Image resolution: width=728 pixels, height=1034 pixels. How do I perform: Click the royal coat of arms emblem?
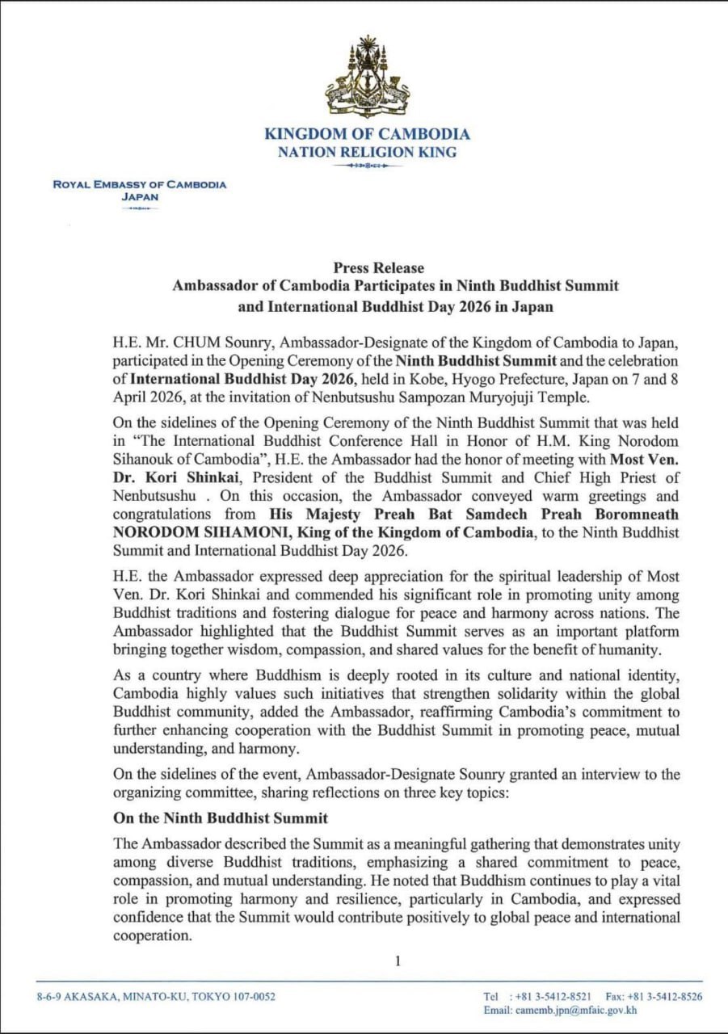tap(366, 78)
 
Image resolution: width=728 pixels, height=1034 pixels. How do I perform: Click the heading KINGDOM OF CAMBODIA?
tap(366, 135)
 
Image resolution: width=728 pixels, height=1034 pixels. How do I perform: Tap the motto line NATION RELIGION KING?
tap(366, 152)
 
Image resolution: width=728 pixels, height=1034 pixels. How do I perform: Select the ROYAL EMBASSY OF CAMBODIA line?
tap(140, 184)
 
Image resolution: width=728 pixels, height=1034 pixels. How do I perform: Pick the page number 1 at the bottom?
tap(398, 960)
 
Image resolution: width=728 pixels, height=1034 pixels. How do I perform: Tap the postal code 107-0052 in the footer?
tap(252, 996)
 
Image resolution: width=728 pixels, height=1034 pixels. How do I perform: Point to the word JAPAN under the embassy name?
tap(140, 196)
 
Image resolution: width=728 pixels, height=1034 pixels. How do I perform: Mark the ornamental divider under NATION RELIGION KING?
tap(366, 166)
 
